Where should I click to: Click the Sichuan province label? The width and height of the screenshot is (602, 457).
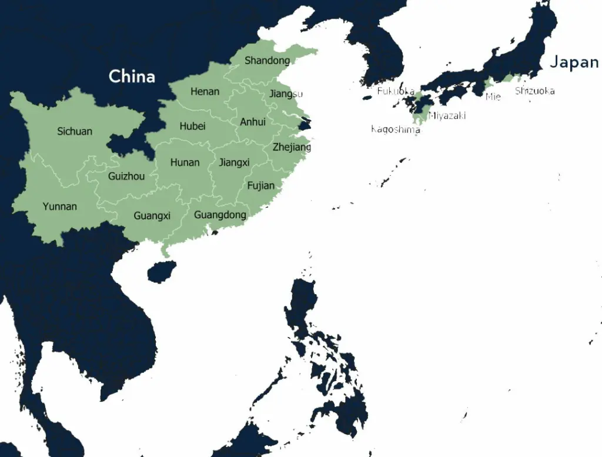[75, 131]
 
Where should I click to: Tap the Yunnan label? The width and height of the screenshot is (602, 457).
[60, 206]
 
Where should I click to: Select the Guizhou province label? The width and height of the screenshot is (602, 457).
[126, 176]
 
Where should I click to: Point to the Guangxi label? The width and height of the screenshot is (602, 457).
[152, 216]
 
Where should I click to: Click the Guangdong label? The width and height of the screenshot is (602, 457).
[220, 215]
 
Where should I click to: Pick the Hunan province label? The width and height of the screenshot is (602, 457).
[185, 162]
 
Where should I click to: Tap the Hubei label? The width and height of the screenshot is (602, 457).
[192, 126]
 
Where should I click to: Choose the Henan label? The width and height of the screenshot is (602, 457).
[205, 91]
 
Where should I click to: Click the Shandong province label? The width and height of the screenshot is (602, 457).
[267, 61]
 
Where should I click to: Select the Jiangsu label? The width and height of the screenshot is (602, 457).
[286, 94]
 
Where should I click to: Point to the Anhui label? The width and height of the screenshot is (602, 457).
[253, 122]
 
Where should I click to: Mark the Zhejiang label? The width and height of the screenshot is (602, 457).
[292, 147]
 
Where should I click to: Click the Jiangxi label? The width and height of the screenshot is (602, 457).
[234, 162]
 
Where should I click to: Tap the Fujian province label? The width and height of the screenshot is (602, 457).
[260, 186]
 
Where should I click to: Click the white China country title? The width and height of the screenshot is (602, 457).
[132, 76]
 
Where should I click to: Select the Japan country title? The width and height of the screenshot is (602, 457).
[574, 62]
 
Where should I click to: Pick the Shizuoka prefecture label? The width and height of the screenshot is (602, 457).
[534, 91]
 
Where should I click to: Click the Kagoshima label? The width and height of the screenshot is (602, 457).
[395, 129]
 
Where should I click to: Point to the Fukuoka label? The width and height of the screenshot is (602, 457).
[395, 91]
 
